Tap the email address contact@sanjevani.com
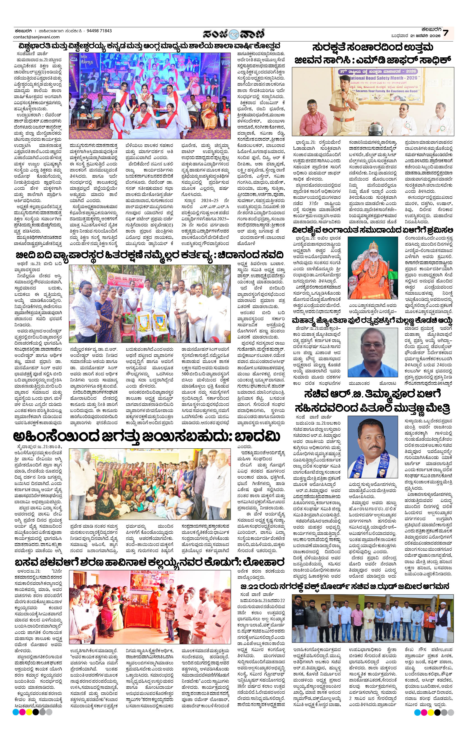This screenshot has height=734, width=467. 37,37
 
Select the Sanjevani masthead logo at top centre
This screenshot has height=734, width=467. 234,33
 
